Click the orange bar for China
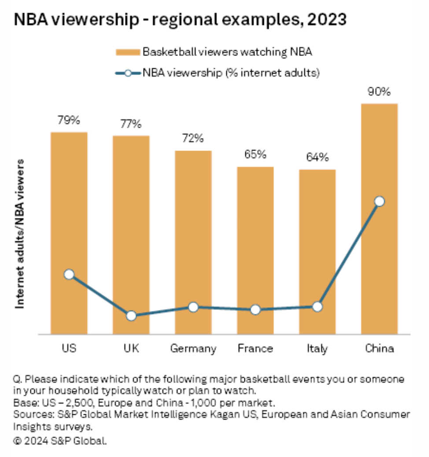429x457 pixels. [379, 264]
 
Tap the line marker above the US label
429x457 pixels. [69, 274]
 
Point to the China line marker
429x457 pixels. [379, 201]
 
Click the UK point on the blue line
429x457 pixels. [131, 316]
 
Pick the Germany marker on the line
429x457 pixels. [193, 307]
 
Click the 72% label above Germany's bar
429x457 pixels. [193, 139]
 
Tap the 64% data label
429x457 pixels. [317, 158]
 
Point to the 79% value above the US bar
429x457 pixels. [69, 120]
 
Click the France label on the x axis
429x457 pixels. [255, 349]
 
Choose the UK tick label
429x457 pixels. [131, 349]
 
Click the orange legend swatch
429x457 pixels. [128, 52]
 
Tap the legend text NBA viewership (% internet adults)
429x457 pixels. [231, 73]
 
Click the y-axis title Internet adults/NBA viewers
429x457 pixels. [20, 233]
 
